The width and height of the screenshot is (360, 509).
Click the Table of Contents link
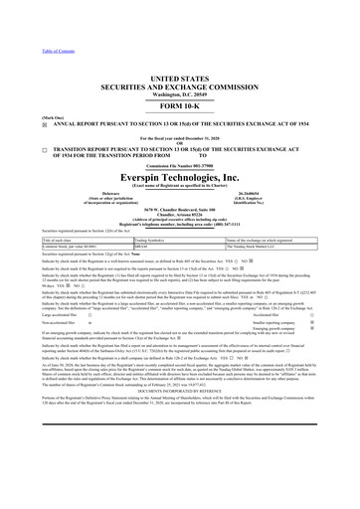24,8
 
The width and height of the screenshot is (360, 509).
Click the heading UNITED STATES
179,49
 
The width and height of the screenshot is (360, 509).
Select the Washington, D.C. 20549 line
179,66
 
